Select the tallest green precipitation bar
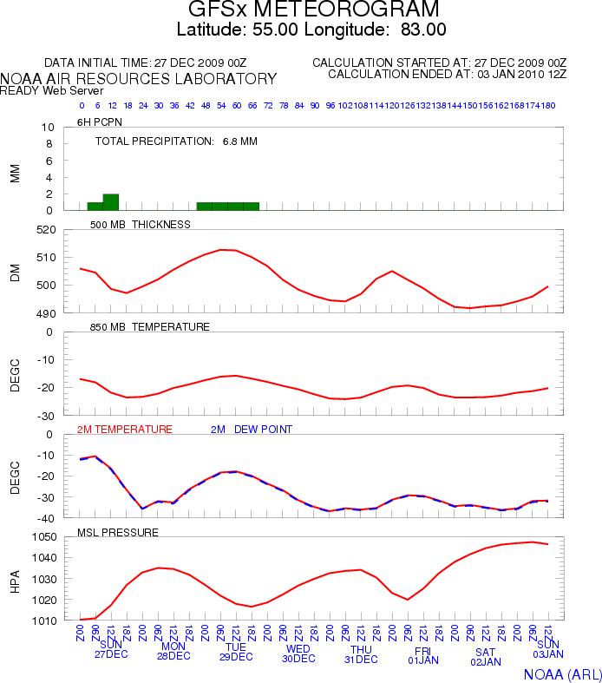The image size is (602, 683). coord(110,201)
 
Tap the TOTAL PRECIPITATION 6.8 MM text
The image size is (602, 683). coord(176,141)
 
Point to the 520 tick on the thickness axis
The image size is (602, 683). coord(45,230)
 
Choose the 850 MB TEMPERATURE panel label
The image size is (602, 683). coord(150,327)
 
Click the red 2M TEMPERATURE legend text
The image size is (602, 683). coord(125,430)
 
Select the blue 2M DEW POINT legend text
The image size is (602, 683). coord(252,430)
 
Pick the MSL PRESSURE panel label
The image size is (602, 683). coord(118,532)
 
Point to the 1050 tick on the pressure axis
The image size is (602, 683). coord(42,537)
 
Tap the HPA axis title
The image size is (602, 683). coord(15,579)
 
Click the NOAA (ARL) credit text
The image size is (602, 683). coord(561,673)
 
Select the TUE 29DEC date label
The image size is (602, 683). coord(236,652)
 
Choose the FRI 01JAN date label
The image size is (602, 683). coord(423,654)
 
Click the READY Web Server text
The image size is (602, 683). coord(52,90)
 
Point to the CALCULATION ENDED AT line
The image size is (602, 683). coord(447,75)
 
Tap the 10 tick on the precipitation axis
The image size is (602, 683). coord(49,128)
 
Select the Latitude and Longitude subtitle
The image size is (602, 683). coord(311,30)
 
